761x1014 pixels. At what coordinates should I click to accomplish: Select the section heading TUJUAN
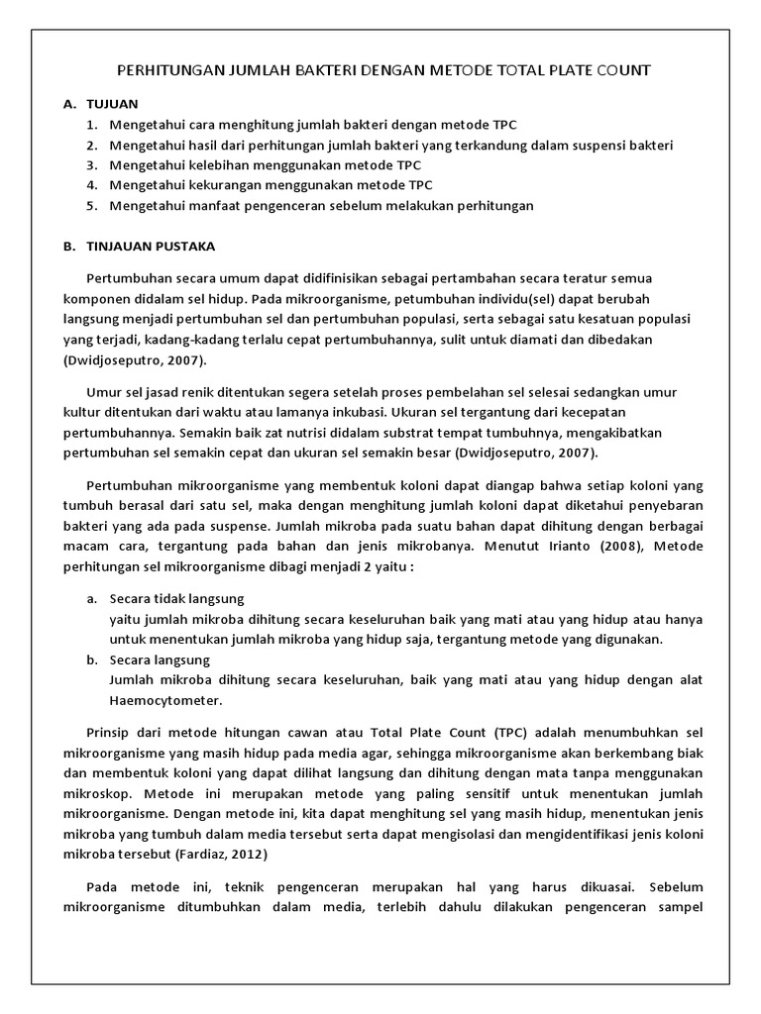112,103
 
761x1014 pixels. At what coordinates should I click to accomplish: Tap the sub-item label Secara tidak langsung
176,599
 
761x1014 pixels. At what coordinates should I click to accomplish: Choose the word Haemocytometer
165,700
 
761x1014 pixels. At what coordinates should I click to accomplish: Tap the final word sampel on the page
678,907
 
